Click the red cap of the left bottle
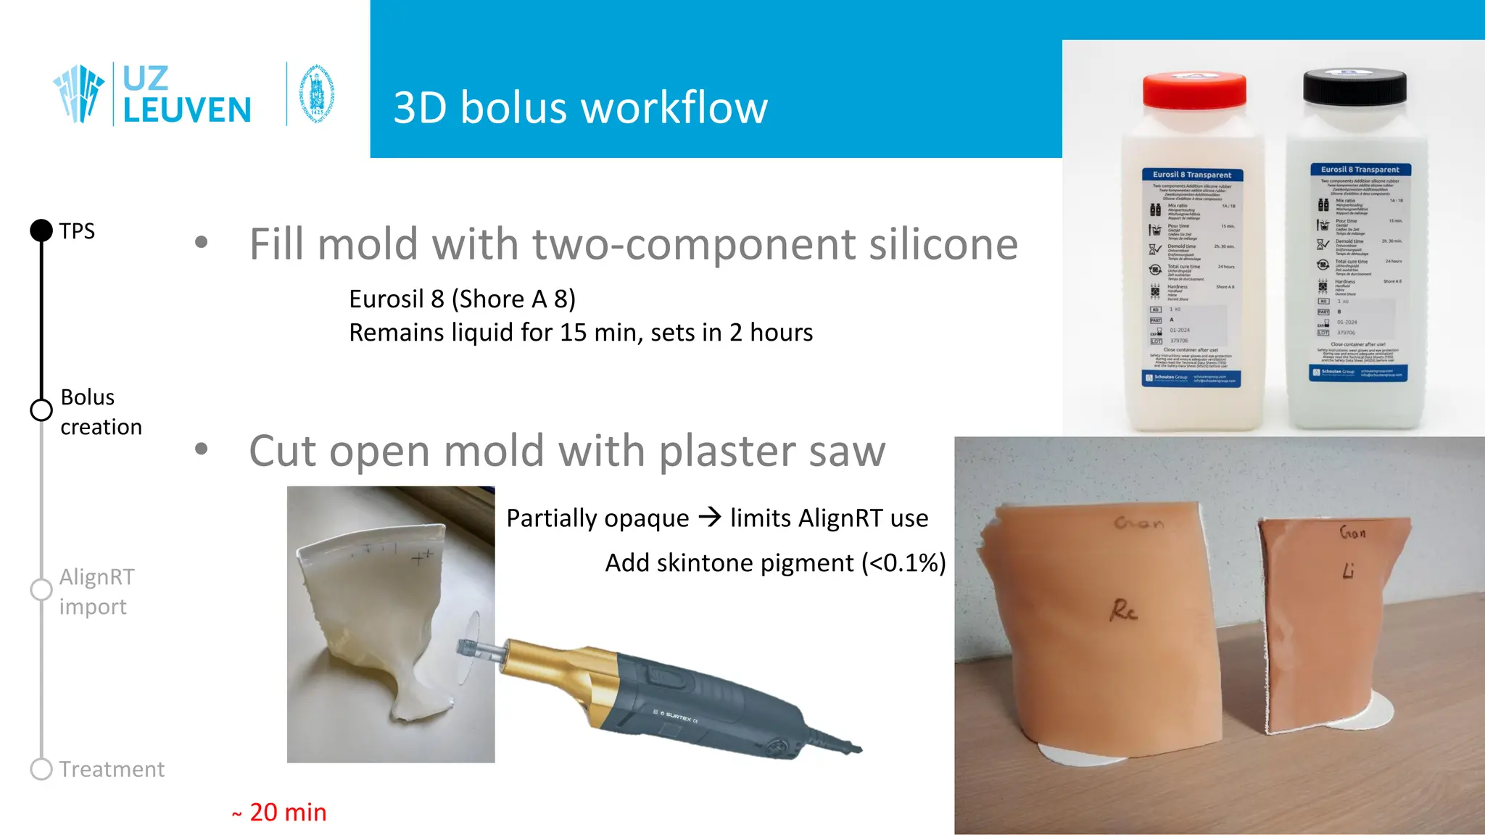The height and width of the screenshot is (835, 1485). point(1194,91)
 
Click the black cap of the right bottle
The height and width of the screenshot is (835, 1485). point(1354,87)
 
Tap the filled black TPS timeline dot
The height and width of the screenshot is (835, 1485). point(41,230)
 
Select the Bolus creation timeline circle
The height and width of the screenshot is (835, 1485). point(41,410)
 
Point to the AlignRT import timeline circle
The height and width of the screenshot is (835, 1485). point(41,589)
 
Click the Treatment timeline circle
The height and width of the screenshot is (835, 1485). point(41,769)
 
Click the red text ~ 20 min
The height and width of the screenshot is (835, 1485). point(280,813)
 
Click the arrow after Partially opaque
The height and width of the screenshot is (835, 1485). point(710,518)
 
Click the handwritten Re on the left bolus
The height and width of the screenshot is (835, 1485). point(1122,610)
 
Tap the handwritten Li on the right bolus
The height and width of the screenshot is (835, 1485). point(1348,571)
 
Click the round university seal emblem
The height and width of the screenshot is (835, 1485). point(317,94)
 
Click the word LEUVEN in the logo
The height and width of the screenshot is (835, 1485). point(187,111)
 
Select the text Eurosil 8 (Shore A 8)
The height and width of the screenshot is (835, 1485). point(462,299)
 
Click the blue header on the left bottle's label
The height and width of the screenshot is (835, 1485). point(1192,175)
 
